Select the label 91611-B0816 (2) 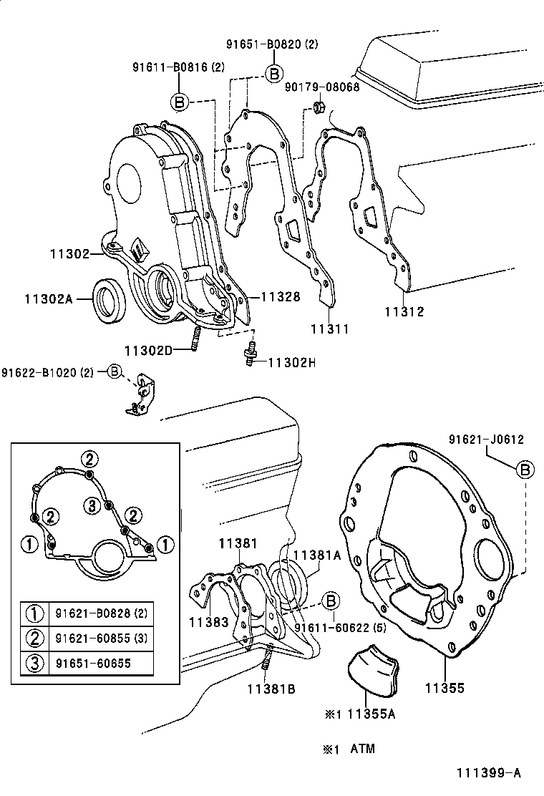coord(178,68)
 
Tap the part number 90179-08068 coord(322,87)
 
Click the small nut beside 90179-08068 coord(319,109)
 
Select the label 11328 coord(280,296)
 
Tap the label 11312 coord(404,311)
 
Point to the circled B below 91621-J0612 coord(525,470)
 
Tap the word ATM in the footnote coord(362,749)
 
